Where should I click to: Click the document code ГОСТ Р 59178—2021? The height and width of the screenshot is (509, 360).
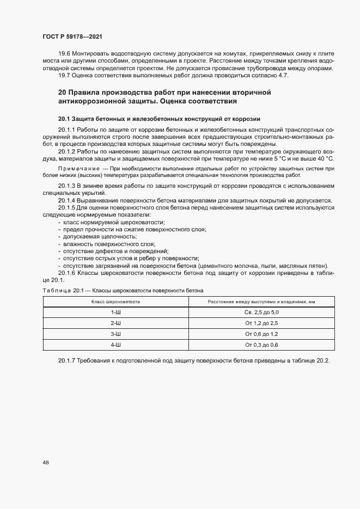[x=72, y=36]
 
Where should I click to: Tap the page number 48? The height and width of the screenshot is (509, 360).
[x=45, y=463]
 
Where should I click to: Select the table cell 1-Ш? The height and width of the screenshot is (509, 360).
[x=116, y=312]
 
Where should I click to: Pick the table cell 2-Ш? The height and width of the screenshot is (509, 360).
[x=116, y=323]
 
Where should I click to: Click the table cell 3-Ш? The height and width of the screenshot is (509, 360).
[x=116, y=334]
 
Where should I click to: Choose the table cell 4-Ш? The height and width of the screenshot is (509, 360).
[x=116, y=345]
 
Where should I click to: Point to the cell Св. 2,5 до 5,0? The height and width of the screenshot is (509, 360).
[x=261, y=312]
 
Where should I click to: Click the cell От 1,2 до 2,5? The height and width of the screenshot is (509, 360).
[x=261, y=323]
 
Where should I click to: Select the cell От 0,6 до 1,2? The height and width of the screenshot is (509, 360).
[x=261, y=334]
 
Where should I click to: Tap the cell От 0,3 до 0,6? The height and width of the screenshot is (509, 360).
[x=261, y=345]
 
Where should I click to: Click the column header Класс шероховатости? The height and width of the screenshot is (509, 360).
[x=116, y=302]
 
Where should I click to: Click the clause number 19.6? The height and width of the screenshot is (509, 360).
[x=64, y=53]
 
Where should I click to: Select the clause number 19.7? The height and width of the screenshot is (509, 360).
[x=64, y=75]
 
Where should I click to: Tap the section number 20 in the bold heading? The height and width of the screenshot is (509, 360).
[x=62, y=93]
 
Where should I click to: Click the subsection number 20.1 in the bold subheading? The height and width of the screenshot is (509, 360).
[x=64, y=119]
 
